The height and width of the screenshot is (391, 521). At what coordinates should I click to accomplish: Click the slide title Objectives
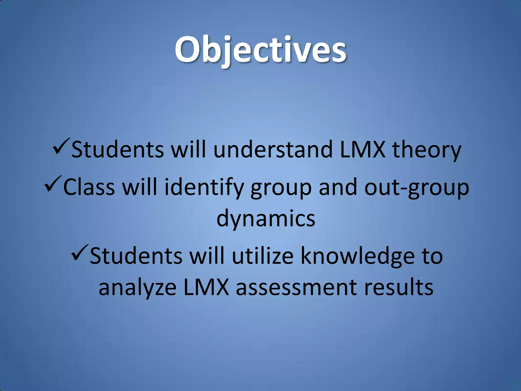tap(260, 50)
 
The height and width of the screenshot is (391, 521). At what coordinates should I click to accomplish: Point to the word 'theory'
tap(427, 150)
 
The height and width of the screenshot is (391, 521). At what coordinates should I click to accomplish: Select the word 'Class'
tap(89, 187)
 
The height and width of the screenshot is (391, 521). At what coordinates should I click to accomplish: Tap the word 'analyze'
tap(137, 288)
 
